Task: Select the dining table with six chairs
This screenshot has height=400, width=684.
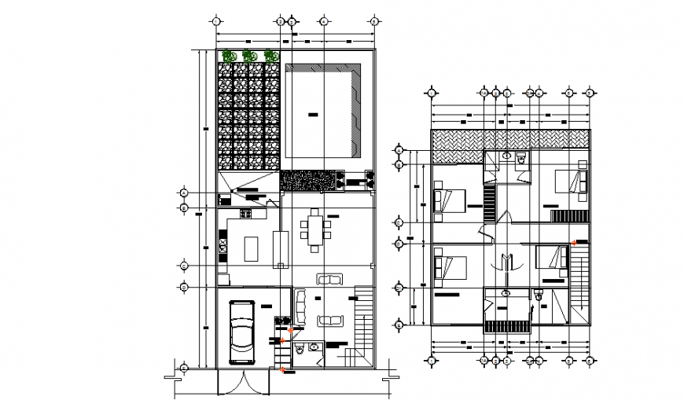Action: (315, 230)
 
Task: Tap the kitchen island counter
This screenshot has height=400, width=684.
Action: (252, 249)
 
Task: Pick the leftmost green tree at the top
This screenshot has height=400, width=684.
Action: (229, 56)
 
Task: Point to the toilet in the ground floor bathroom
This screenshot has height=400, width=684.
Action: (299, 347)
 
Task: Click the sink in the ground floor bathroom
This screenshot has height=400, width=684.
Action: (313, 347)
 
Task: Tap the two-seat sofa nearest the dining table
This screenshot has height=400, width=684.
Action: (329, 278)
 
